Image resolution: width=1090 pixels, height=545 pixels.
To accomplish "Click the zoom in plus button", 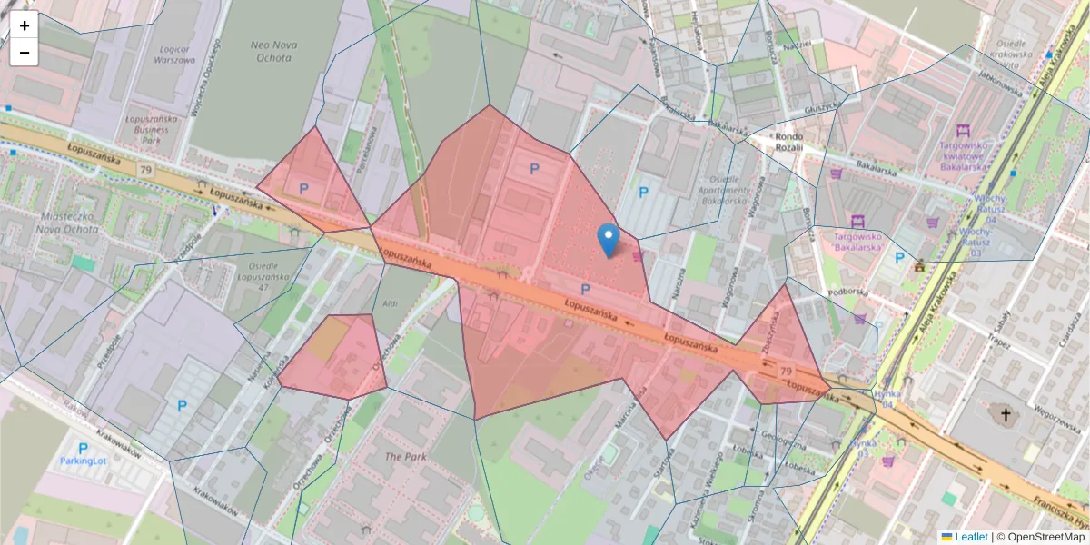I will tap(25, 25).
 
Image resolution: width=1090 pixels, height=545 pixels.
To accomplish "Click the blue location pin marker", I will tap(609, 240).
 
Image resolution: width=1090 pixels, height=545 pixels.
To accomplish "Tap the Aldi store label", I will tap(391, 302).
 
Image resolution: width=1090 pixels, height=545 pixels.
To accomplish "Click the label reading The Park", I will tap(405, 457).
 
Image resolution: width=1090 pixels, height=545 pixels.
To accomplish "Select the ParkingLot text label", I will tap(84, 461).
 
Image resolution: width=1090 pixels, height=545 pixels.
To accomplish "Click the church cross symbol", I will tap(1005, 417).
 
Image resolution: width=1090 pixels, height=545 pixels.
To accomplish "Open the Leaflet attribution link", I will tap(970, 537).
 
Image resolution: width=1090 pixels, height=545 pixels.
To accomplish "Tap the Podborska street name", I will tap(849, 292).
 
